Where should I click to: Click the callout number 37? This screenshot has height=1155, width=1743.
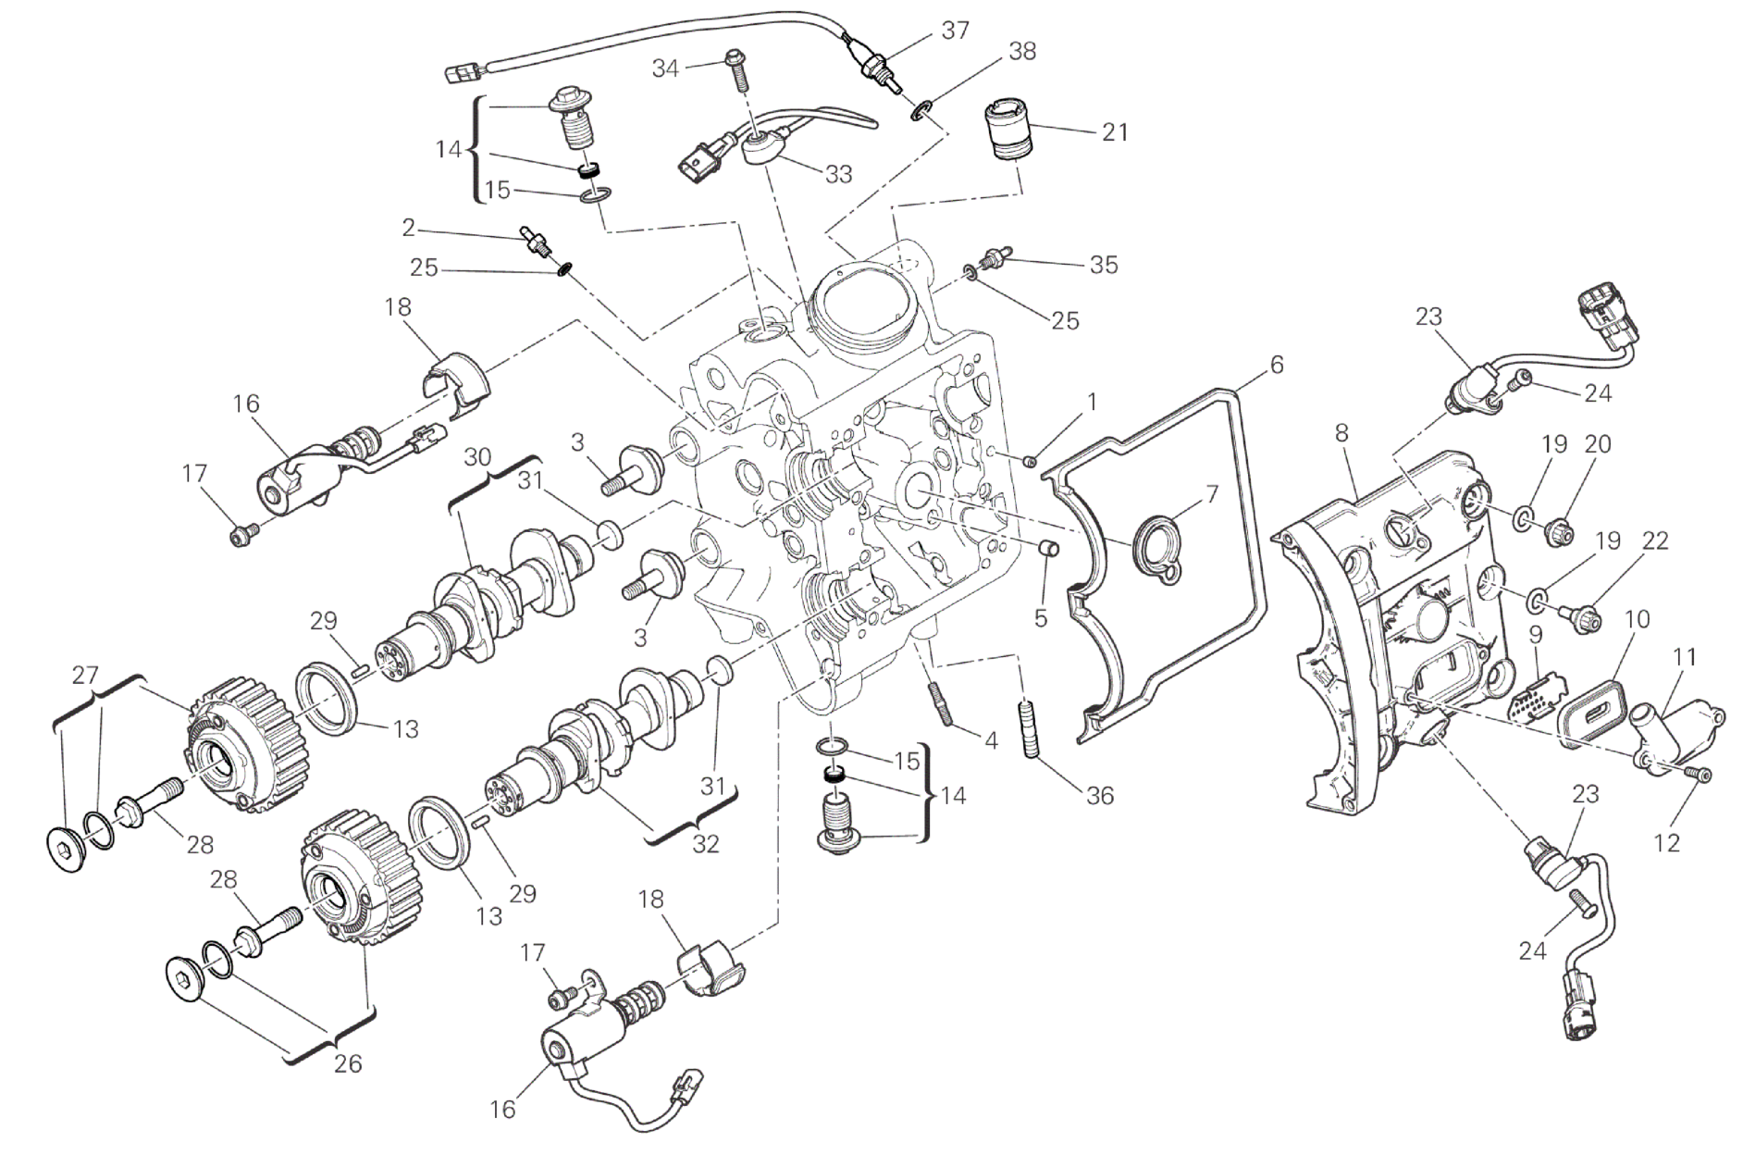tap(955, 31)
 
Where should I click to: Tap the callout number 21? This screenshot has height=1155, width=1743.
tap(1116, 132)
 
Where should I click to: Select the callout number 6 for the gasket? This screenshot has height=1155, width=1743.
tap(1277, 365)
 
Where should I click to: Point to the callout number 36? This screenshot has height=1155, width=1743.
tap(1100, 795)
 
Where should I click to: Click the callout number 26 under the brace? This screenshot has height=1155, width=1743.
tap(348, 1063)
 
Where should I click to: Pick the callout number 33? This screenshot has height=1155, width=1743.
tap(838, 173)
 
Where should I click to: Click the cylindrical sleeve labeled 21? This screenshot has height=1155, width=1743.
tap(1007, 132)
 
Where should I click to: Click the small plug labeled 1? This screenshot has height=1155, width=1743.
tap(1029, 461)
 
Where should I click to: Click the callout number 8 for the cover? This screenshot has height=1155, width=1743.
tap(1342, 432)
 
